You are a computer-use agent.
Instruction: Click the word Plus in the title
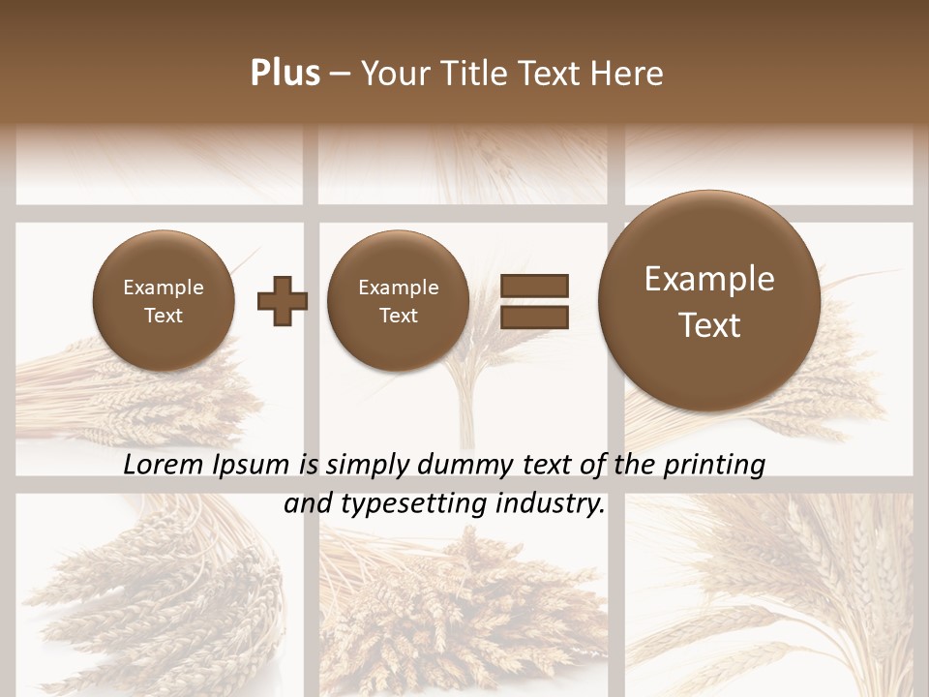(285, 74)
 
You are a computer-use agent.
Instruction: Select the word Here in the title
(628, 74)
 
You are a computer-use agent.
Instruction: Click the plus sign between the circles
(283, 301)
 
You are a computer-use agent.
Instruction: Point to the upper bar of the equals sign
(534, 286)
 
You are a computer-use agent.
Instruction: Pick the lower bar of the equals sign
(534, 317)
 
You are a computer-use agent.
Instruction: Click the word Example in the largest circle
(709, 280)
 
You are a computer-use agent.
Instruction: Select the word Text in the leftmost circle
(163, 316)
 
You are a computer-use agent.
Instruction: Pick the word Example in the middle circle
(398, 288)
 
